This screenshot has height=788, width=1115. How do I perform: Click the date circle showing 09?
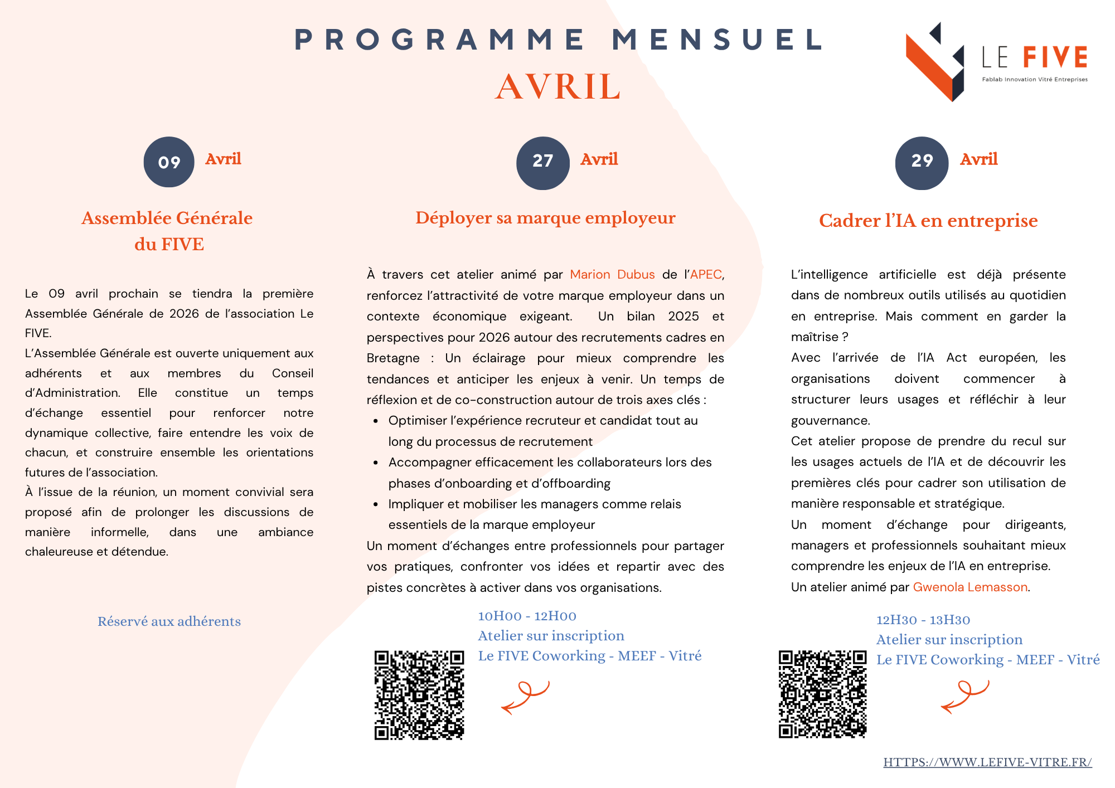click(169, 162)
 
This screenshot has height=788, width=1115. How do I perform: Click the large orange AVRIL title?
click(557, 87)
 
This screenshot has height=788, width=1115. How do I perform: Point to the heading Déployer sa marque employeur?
click(545, 218)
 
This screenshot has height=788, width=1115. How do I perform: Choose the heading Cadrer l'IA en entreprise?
click(928, 221)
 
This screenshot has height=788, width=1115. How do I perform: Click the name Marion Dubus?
click(612, 275)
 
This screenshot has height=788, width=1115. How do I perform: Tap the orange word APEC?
click(706, 275)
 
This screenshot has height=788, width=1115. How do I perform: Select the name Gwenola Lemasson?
click(970, 587)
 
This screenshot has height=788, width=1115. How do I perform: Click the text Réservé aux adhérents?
click(169, 621)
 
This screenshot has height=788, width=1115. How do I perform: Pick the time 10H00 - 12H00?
click(527, 616)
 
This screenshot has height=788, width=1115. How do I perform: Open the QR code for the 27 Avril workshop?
click(419, 695)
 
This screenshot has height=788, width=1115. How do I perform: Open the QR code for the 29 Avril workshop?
click(823, 694)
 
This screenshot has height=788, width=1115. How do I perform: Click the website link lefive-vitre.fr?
click(987, 762)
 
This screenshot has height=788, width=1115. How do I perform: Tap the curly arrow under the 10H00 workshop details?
click(525, 697)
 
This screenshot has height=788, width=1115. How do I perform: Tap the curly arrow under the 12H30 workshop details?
click(965, 697)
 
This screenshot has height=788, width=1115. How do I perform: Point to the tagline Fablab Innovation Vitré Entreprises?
click(1035, 80)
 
